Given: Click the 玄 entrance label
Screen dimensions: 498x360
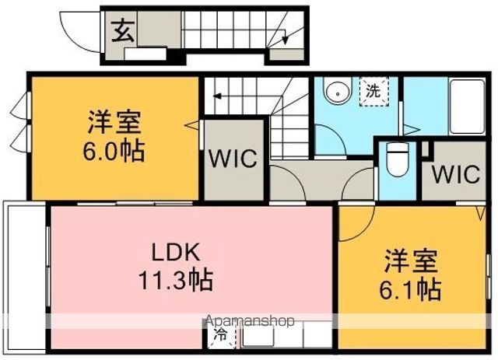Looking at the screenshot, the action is [x=123, y=32].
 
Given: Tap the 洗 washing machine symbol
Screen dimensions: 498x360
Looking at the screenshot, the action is [x=374, y=92].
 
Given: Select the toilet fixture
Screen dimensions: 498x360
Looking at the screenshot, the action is [x=397, y=158].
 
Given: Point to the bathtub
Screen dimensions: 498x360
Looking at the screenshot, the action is [x=467, y=107].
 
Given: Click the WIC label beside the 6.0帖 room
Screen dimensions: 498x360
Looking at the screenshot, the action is [x=233, y=158].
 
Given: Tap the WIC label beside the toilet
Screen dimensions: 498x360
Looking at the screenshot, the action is [x=455, y=173].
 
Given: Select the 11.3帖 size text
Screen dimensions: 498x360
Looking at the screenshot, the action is [x=175, y=281].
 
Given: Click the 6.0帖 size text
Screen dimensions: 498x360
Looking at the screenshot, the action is [x=114, y=152].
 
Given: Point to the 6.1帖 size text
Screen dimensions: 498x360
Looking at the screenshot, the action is [x=410, y=290].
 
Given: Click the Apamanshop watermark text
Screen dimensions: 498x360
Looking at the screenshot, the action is [x=250, y=321].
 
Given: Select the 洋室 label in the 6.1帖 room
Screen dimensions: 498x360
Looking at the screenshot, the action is [x=411, y=261].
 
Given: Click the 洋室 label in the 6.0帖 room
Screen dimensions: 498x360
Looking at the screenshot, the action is [x=114, y=122].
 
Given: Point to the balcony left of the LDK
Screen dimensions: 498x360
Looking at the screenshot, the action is [x=26, y=277].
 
